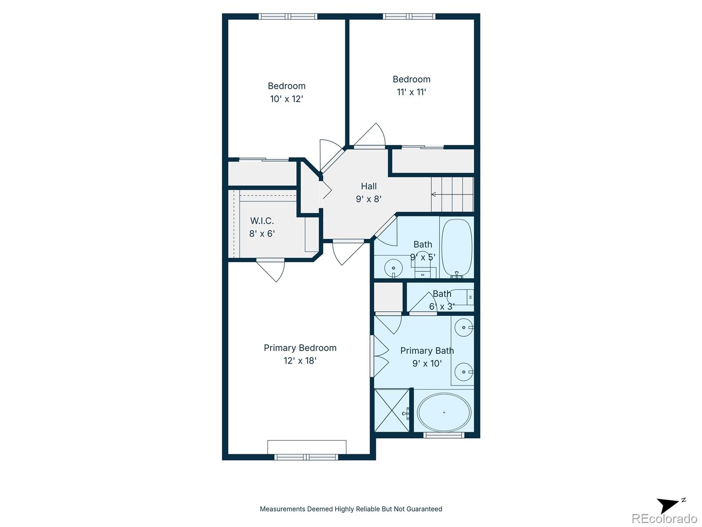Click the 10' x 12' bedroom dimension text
(287, 99)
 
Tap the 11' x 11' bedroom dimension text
(411, 92)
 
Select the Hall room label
(369, 186)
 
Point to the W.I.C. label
(262, 221)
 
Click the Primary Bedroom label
(300, 348)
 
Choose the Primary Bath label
(427, 351)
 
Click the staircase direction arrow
(452, 194)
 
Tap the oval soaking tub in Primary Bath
(444, 412)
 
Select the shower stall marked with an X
(392, 410)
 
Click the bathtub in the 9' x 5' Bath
(457, 248)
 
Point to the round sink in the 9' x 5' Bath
(394, 268)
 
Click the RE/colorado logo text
(664, 518)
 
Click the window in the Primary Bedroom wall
(306, 457)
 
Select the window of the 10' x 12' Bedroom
(288, 16)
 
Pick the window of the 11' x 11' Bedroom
(409, 16)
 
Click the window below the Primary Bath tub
(444, 435)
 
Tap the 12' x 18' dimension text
(300, 361)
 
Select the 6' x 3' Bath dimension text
(442, 307)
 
